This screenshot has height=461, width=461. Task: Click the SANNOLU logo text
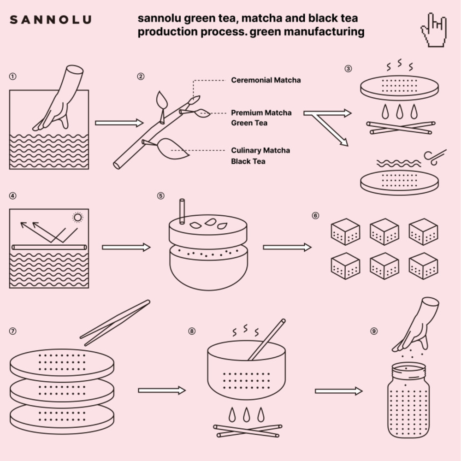click(x=50, y=19)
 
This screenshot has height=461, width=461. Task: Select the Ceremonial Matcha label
click(x=266, y=80)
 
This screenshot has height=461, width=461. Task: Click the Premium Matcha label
click(x=261, y=112)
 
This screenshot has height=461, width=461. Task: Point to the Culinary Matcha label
click(x=260, y=151)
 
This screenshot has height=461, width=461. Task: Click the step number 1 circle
click(x=13, y=76)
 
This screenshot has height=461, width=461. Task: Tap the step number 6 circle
click(x=315, y=215)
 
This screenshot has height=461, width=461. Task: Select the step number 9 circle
click(x=374, y=331)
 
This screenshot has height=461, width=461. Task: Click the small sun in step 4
click(x=77, y=217)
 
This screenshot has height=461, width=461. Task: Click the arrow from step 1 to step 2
click(x=119, y=123)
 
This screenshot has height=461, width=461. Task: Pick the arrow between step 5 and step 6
click(x=287, y=248)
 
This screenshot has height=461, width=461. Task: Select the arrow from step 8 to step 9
click(x=338, y=391)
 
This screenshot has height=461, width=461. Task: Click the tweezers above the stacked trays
click(x=115, y=323)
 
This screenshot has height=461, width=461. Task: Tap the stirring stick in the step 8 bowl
click(x=266, y=340)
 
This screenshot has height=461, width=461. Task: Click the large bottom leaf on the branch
click(x=171, y=149)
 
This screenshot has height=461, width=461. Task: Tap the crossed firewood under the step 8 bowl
click(x=248, y=431)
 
